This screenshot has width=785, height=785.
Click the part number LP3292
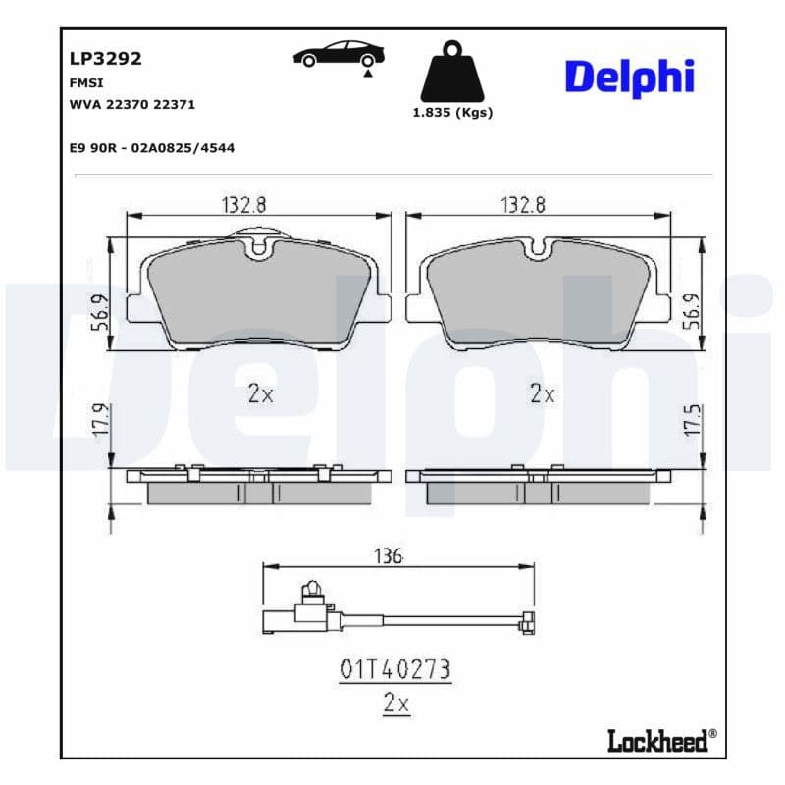pos(106,59)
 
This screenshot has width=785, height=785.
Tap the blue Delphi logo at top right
pos(629,77)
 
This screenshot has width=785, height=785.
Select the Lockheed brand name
pos(656,741)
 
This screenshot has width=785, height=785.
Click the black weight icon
pos(451,73)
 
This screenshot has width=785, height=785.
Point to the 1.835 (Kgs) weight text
pos(451,113)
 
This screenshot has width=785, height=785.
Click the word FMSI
pos(86,83)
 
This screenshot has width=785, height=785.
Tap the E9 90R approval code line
pos(151,147)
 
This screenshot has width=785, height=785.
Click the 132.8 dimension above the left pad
pos(244,204)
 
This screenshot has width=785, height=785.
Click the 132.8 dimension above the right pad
pos(524,204)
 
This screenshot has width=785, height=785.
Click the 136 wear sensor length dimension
pos(390,555)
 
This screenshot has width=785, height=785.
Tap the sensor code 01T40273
pos(395,669)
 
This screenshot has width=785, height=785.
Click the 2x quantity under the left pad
pos(260,394)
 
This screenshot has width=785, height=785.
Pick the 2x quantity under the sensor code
pos(395,704)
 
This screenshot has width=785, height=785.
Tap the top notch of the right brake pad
pos(538,248)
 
